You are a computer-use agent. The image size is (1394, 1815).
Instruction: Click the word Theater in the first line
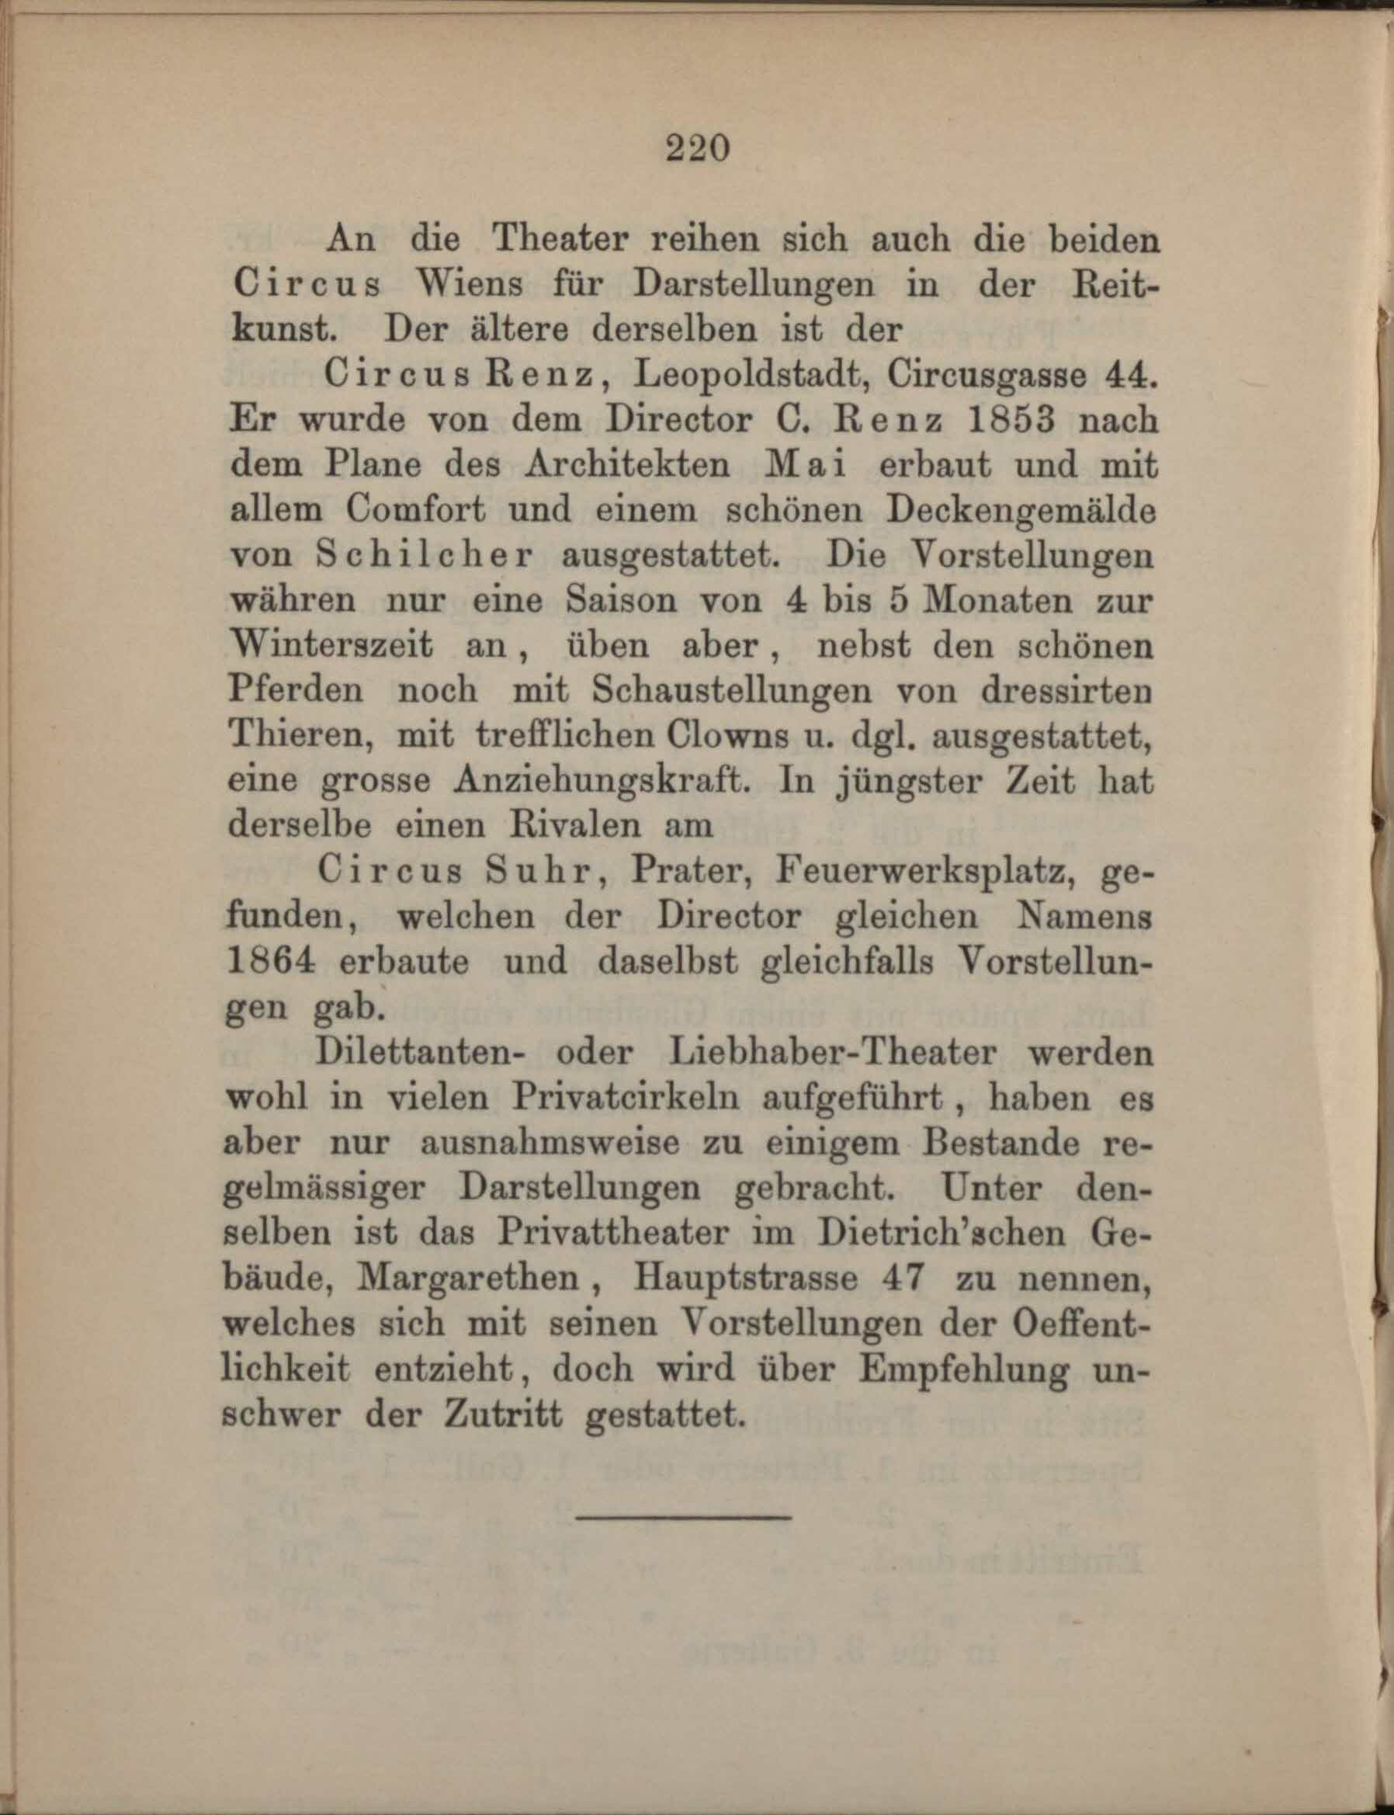pyautogui.click(x=562, y=240)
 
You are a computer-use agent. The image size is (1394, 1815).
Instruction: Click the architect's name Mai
pyautogui.click(x=799, y=465)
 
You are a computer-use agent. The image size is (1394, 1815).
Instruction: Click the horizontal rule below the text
pyautogui.click(x=684, y=1518)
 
